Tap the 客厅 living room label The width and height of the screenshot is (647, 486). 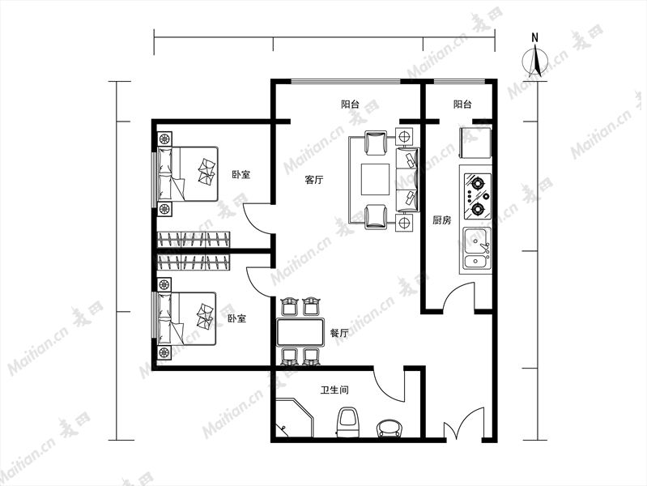pyautogui.click(x=314, y=180)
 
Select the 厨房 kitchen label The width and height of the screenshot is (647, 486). pyautogui.click(x=441, y=220)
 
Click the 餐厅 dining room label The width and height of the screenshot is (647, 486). pyautogui.click(x=339, y=333)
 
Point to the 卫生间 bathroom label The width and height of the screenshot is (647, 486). pyautogui.click(x=334, y=390)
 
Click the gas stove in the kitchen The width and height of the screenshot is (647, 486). pyautogui.click(x=478, y=197)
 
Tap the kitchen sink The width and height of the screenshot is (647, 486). pyautogui.click(x=477, y=249)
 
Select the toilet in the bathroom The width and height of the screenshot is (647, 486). pyautogui.click(x=348, y=421)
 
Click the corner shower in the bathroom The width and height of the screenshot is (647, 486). pyautogui.click(x=295, y=418)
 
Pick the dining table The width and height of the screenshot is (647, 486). pyautogui.click(x=300, y=332)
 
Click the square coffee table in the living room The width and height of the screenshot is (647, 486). pyautogui.click(x=375, y=179)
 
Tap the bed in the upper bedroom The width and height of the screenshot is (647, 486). pyautogui.click(x=188, y=174)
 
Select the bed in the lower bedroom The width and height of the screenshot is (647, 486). pyautogui.click(x=187, y=319)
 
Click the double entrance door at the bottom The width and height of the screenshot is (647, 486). pyautogui.click(x=464, y=424)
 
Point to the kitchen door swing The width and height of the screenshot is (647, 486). pyautogui.click(x=458, y=296)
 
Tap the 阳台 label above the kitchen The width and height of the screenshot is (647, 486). pyautogui.click(x=462, y=104)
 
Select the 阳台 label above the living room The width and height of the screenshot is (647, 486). pyautogui.click(x=351, y=104)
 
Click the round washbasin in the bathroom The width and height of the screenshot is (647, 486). pyautogui.click(x=389, y=428)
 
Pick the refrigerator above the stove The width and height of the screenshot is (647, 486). pyautogui.click(x=475, y=143)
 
